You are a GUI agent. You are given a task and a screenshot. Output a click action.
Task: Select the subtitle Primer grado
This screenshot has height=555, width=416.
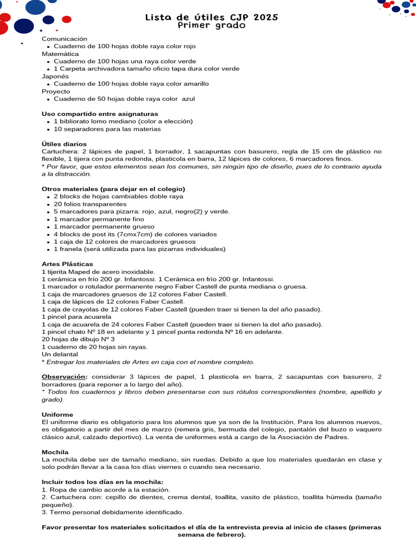[x=212, y=25]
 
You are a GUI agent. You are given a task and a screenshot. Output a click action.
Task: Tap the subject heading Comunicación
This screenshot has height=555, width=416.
[x=64, y=39]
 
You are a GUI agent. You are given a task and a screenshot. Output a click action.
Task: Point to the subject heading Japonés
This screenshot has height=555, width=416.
[x=55, y=76]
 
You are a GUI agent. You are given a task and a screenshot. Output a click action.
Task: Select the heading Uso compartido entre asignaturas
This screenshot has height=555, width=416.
[x=100, y=114]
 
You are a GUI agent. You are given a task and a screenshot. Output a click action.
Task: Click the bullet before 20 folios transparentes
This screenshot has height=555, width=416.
[x=49, y=204]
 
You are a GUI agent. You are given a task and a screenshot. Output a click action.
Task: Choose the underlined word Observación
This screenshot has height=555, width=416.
[x=64, y=376]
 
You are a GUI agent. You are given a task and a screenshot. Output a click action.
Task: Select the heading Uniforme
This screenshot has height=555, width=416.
[x=57, y=414]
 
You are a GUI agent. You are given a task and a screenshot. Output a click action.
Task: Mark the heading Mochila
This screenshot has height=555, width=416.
[x=55, y=451]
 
